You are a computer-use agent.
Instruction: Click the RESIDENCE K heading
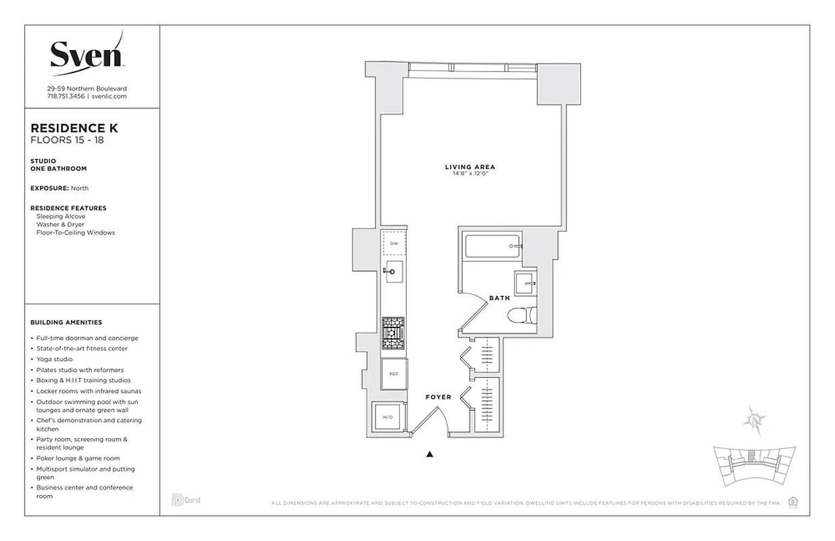click(x=74, y=128)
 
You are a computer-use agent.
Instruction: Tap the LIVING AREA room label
click(x=470, y=167)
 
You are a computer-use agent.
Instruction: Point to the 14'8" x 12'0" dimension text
click(x=470, y=174)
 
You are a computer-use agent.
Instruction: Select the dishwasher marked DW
click(x=393, y=242)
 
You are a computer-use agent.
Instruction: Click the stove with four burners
click(x=393, y=333)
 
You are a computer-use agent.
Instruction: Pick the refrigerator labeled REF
click(x=394, y=373)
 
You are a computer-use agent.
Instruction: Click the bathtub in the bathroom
click(x=492, y=245)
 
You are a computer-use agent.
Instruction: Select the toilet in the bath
click(x=522, y=316)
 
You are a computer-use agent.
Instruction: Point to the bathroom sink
click(x=526, y=283)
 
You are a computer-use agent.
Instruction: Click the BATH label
click(x=499, y=298)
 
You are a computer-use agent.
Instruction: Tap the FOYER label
click(x=438, y=397)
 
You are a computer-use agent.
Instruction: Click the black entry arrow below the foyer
click(x=430, y=454)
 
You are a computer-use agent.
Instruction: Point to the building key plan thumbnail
click(x=753, y=466)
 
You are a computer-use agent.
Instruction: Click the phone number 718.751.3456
click(x=65, y=97)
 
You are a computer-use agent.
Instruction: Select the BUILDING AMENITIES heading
click(x=66, y=323)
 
